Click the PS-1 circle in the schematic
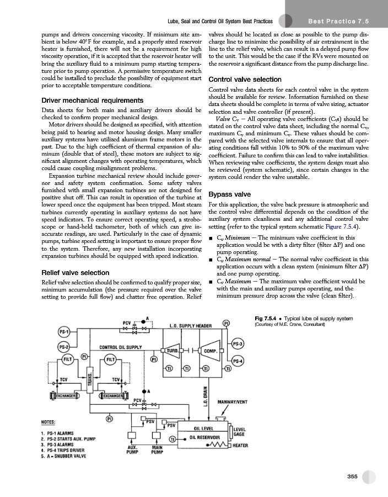pyautogui.click(x=64, y=332)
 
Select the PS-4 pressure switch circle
pyautogui.click(x=238, y=361)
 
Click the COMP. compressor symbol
pyautogui.click(x=209, y=351)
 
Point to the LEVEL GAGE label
pyautogui.click(x=240, y=431)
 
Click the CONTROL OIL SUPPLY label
pyautogui.click(x=121, y=347)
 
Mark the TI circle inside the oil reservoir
pyautogui.click(x=173, y=440)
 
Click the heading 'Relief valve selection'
pyautogui.click(x=76, y=273)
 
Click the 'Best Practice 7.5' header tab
pyautogui.click(x=337, y=21)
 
